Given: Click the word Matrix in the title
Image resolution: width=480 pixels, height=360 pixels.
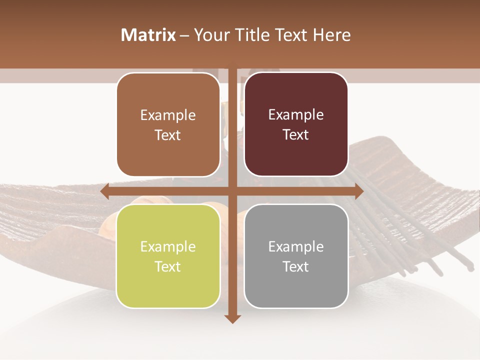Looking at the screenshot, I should click(148, 35).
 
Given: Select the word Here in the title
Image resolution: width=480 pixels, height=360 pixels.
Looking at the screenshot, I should click(331, 35).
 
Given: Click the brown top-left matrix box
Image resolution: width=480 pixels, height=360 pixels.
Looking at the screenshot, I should click(168, 124).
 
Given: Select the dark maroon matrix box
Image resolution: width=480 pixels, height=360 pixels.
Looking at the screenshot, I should click(296, 124).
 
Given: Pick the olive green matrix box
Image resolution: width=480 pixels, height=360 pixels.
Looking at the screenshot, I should click(168, 256).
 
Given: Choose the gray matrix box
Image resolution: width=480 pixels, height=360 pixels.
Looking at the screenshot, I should click(296, 256).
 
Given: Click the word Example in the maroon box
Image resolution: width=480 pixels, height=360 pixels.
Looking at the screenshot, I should click(296, 115).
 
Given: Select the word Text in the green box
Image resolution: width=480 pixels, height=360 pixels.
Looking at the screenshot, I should click(168, 266).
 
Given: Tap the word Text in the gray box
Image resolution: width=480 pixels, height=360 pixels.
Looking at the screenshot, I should click(296, 266).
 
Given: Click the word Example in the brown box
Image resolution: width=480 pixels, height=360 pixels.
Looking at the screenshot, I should click(168, 115).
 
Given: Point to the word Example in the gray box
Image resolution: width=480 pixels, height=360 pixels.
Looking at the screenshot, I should click(296, 246).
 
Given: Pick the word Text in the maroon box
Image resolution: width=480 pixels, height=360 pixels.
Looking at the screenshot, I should click(296, 135).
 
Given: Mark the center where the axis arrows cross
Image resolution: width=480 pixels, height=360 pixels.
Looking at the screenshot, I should click(232, 191).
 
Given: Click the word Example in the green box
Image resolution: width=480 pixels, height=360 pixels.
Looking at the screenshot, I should click(168, 246).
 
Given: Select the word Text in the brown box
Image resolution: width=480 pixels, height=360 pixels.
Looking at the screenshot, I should click(168, 135).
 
